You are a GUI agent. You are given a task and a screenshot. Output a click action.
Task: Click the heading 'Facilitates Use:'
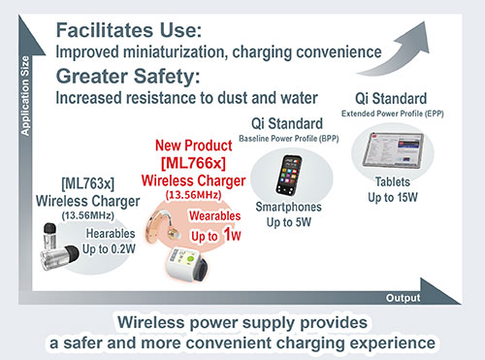[x=142, y=29]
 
